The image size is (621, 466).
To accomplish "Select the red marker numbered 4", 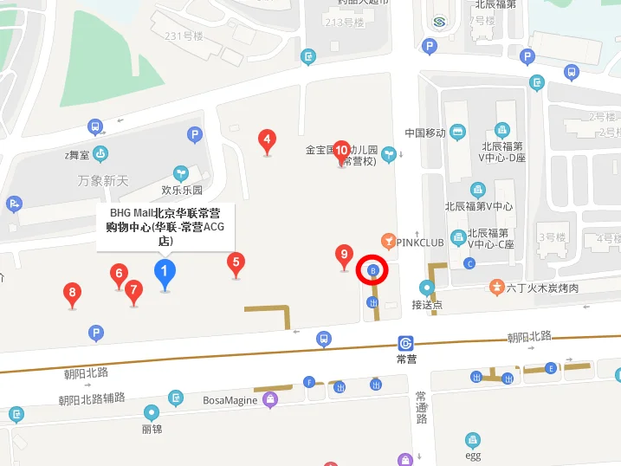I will (x=268, y=139).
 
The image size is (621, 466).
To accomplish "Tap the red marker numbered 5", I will (x=236, y=262).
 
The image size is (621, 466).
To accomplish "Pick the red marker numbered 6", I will (x=119, y=275).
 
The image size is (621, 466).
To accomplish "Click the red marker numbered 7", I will (x=133, y=290).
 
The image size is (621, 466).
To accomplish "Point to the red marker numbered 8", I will (x=73, y=294).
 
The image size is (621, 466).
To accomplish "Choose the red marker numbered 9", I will (x=345, y=255).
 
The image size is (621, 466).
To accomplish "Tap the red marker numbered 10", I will (x=341, y=150).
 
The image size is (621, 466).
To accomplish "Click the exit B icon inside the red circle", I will (x=373, y=271).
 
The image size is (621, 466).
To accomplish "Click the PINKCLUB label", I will (x=420, y=243).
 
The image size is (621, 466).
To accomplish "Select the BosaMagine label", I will (x=230, y=400).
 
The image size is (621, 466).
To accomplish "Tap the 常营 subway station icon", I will (x=406, y=343).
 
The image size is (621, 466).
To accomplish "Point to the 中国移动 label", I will (x=425, y=133).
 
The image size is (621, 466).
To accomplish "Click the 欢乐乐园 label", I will (x=182, y=190).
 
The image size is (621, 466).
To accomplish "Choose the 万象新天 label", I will (x=102, y=180).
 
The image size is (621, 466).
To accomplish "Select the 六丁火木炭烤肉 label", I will (x=542, y=288).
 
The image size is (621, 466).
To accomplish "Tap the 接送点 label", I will (x=427, y=305).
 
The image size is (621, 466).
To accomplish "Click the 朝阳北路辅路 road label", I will (x=92, y=398).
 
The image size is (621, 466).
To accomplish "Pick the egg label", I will (x=472, y=456).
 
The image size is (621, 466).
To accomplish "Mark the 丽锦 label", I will (x=152, y=428).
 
